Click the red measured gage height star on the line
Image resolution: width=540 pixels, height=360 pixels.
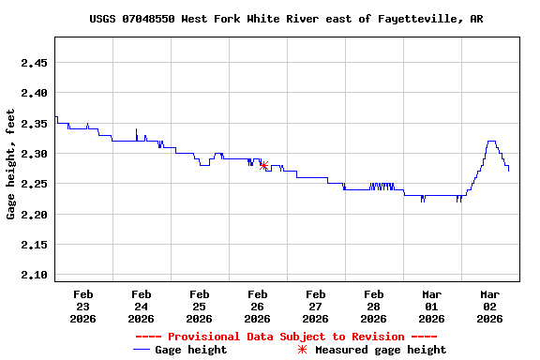[x=263, y=165]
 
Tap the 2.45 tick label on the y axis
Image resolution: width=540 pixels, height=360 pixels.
[x=34, y=63]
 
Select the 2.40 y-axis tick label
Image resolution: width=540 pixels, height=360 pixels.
[x=34, y=93]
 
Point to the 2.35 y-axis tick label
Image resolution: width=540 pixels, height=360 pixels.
[x=34, y=124]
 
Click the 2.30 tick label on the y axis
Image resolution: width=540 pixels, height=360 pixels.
[x=34, y=154]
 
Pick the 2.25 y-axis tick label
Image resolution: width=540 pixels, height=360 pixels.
[x=34, y=184]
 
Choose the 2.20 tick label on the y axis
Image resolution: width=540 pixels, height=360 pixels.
[x=34, y=215]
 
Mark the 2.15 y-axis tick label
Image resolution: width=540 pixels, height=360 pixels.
[x=34, y=245]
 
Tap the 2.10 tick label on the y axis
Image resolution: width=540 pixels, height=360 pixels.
[x=34, y=275]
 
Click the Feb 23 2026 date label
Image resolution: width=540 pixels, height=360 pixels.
[x=82, y=306]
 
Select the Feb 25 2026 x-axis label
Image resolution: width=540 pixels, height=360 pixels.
[x=199, y=306]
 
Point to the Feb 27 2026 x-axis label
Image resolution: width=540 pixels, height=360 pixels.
[x=315, y=306]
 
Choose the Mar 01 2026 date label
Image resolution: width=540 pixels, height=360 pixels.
[x=431, y=306]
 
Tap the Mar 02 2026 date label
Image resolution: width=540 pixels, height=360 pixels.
[x=489, y=306]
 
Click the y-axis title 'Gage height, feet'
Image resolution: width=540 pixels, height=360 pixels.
[x=11, y=164]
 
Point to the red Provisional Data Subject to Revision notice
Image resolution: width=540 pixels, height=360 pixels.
[x=286, y=337]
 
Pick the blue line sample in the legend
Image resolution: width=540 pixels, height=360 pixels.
[x=142, y=350]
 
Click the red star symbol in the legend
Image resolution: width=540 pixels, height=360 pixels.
[x=302, y=350]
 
